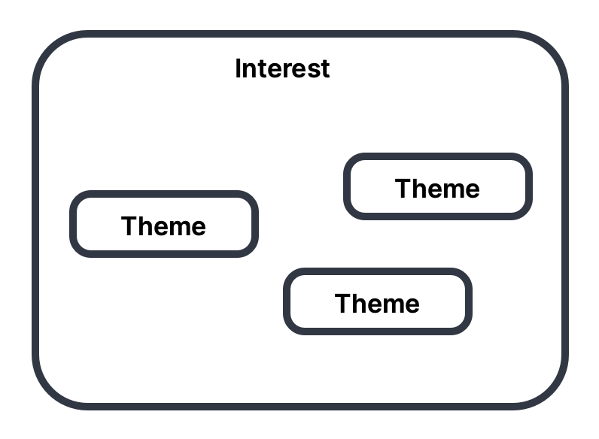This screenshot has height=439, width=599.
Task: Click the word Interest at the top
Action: (x=282, y=69)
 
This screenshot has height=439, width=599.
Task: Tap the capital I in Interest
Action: (x=239, y=69)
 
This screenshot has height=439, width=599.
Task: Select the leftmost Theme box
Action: (x=164, y=224)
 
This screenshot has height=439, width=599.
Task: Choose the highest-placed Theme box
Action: (x=438, y=186)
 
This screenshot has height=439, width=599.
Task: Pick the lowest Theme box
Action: (x=377, y=301)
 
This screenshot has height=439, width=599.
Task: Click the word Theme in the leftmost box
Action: (x=163, y=226)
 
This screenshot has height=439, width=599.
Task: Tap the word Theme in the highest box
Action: (x=437, y=189)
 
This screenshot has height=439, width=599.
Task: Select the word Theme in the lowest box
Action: (x=377, y=304)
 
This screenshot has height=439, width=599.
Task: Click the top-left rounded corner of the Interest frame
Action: (x=47, y=47)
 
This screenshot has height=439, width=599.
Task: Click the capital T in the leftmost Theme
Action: (x=129, y=226)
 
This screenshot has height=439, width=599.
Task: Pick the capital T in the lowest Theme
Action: (x=342, y=304)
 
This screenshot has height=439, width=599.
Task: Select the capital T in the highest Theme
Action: (x=403, y=189)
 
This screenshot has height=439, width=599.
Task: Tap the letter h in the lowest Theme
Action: (x=360, y=304)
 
